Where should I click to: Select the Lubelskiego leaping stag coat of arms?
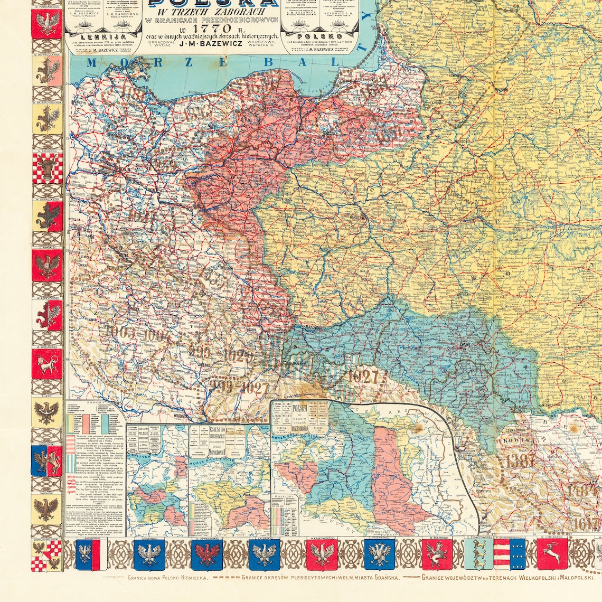click(x=552, y=553)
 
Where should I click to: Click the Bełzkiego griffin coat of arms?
click(x=437, y=553)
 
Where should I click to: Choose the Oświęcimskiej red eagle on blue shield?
click(x=207, y=554)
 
